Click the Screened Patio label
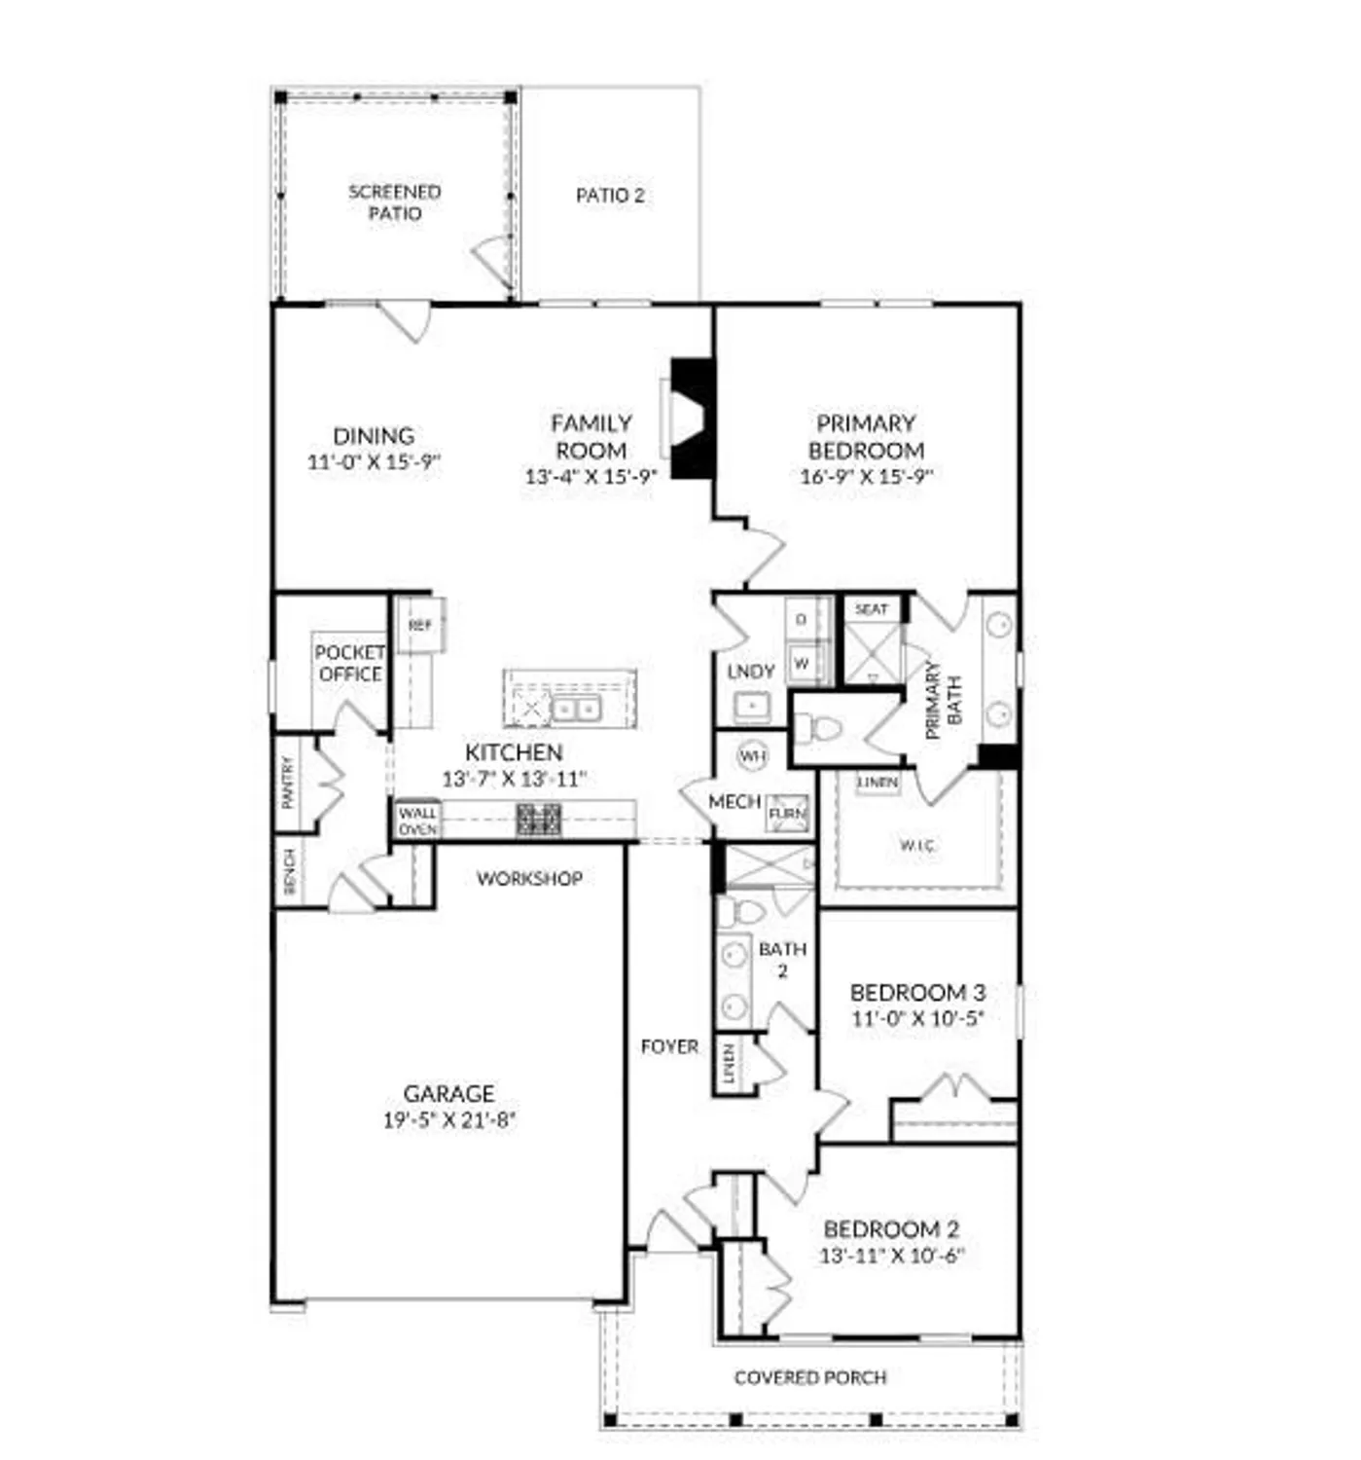pos(395,202)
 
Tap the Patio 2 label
pos(610,196)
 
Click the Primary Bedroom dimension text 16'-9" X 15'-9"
pos(866,477)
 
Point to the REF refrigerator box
pos(420,625)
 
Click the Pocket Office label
pos(349,663)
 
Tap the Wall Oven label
pos(417,820)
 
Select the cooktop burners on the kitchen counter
pos(538,820)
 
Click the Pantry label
pos(288,783)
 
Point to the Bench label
pos(289,870)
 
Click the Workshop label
pos(529,879)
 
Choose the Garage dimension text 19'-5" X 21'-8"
pos(448,1120)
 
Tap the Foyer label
pos(669,1046)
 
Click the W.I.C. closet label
pos(916,846)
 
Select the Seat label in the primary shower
pos(871,609)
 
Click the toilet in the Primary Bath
pos(815,728)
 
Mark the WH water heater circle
pos(753,755)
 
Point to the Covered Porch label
pos(810,1377)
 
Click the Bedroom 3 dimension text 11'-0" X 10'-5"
pos(917,1019)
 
